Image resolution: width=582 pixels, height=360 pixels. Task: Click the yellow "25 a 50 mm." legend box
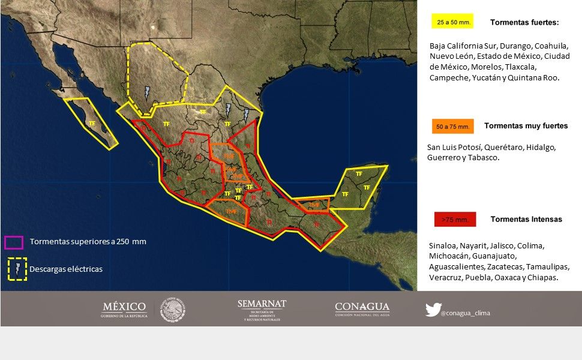pos(452,22)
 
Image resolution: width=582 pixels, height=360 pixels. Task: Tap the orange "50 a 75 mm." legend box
pos(452,127)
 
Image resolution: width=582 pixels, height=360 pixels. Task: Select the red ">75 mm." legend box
pos(454,220)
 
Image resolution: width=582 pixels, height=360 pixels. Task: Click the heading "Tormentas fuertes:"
pos(524,23)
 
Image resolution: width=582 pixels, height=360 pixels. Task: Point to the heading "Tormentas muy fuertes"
pos(526,126)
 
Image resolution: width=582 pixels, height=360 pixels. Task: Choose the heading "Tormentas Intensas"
pos(526,220)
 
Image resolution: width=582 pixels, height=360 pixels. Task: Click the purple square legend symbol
pos(13,242)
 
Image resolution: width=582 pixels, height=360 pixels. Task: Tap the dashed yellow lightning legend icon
pos(17,269)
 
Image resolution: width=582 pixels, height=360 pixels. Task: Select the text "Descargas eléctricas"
pos(66,269)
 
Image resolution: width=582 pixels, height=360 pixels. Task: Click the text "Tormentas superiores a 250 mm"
pos(88,242)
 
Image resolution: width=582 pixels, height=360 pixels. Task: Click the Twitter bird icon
pos(433,310)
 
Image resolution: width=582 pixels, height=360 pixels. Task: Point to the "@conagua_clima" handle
pos(465,313)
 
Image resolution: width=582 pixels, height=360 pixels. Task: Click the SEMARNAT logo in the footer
pos(262,310)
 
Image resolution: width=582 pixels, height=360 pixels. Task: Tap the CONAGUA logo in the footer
pos(362,309)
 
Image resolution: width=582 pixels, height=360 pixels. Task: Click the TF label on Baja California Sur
pos(92,124)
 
